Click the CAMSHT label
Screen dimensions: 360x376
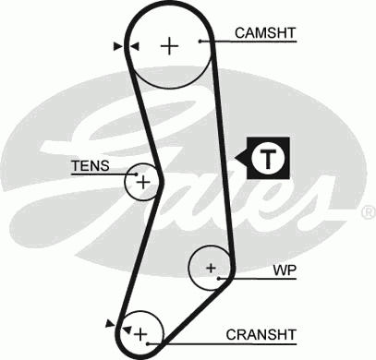[x=265, y=33]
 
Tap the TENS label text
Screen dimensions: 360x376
[x=90, y=166]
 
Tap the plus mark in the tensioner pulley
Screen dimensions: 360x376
[x=142, y=184]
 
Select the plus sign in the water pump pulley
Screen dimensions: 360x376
[x=211, y=269]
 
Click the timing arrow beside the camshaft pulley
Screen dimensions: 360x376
[x=118, y=45]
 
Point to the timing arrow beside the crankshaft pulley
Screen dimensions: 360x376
[x=113, y=322]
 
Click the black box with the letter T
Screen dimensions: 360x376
[x=268, y=158]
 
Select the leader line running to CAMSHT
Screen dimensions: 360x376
[x=217, y=41]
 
